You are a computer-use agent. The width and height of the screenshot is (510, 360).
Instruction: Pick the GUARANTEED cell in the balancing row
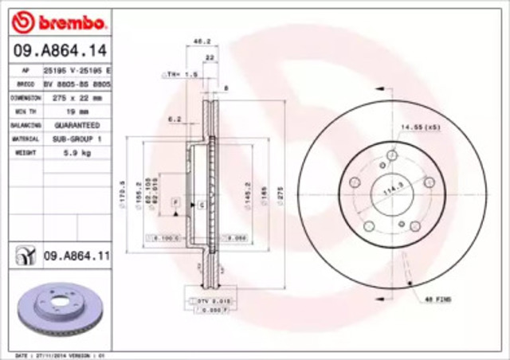pyautogui.click(x=77, y=125)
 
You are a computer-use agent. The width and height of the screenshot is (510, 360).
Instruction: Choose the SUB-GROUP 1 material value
pyautogui.click(x=77, y=138)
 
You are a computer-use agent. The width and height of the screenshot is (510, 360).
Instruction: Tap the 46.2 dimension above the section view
pyautogui.click(x=202, y=41)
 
